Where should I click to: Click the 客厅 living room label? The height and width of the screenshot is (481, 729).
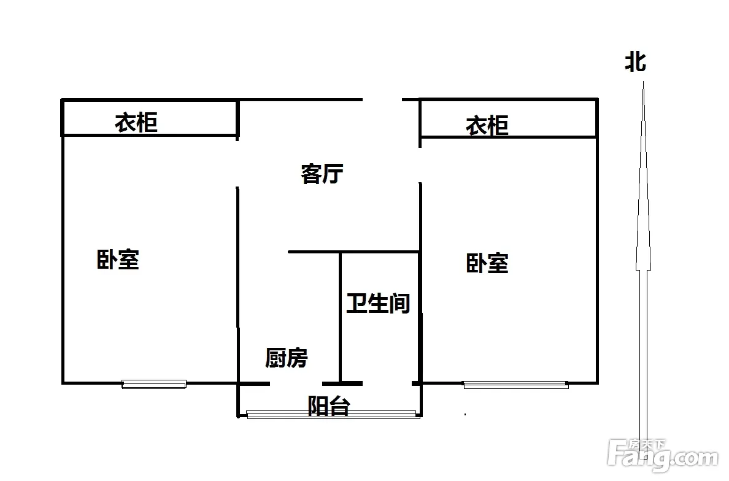click(x=322, y=174)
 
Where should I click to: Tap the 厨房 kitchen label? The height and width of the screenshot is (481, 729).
click(x=287, y=358)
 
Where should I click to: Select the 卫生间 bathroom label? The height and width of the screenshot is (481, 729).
click(x=378, y=304)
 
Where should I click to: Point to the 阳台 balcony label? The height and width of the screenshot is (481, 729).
click(x=329, y=406)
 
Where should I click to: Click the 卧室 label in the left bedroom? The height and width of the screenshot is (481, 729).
click(x=118, y=260)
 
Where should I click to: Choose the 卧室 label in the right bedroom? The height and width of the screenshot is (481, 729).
click(x=487, y=263)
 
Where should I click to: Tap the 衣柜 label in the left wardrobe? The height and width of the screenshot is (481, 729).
click(x=136, y=123)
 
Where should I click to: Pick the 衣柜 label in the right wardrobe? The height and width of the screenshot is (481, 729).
click(x=487, y=126)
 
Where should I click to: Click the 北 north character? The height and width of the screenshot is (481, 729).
click(x=635, y=61)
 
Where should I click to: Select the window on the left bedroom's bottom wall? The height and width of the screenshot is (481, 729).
click(x=154, y=384)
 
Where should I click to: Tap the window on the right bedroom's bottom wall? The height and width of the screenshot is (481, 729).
click(x=515, y=385)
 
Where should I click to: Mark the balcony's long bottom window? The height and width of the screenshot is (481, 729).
click(x=333, y=415)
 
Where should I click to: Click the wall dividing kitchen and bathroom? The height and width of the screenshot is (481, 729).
click(x=341, y=317)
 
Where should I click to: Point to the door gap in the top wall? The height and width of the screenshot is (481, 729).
click(x=382, y=99)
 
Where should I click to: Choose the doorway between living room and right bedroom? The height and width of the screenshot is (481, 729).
click(x=420, y=165)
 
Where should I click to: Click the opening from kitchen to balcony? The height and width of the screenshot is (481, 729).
click(x=296, y=383)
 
